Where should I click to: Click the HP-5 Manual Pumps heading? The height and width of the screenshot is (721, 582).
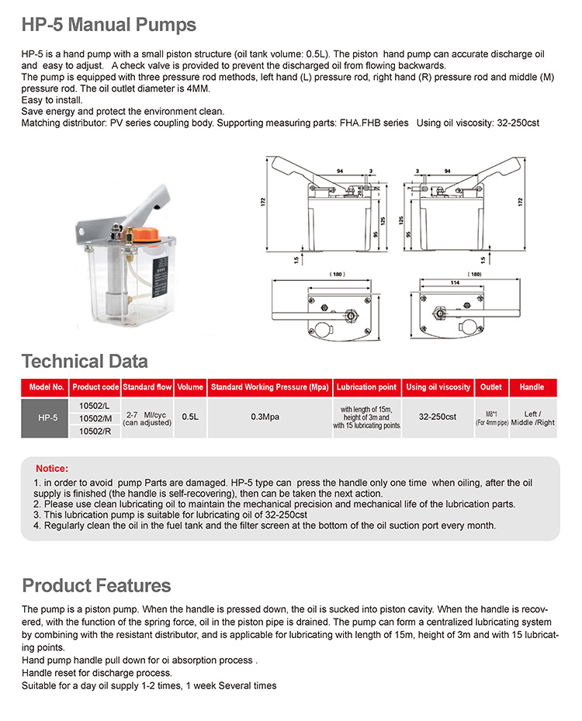point(109,25)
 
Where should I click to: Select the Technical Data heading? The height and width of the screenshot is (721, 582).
point(85,361)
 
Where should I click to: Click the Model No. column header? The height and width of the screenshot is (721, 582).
point(45,387)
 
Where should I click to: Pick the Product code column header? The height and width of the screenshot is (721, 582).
point(95,387)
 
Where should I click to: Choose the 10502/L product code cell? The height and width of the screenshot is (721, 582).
point(95,405)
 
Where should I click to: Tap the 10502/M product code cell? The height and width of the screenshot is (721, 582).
point(95,418)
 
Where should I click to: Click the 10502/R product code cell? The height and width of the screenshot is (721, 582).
point(95,432)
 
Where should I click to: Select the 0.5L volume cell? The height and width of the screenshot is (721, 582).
point(190,417)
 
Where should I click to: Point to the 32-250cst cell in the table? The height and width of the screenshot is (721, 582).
point(438,417)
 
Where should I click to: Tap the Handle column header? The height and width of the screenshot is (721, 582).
point(532,387)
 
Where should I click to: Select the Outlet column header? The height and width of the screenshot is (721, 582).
point(491,387)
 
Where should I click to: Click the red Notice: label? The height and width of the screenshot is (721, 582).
point(52,469)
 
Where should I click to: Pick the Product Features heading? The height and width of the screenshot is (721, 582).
point(96,585)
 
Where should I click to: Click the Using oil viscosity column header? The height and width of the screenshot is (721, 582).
point(438,387)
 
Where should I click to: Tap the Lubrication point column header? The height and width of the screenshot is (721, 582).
point(367,387)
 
